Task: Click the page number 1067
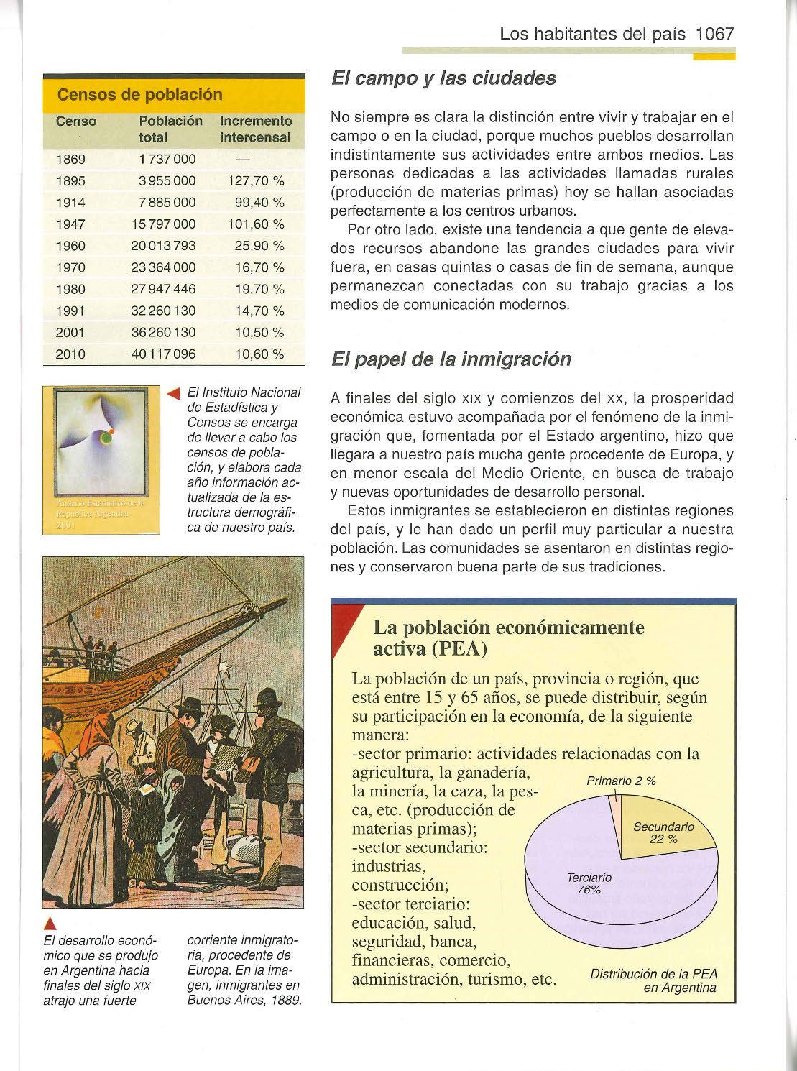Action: coord(714,34)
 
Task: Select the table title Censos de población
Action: coord(139,95)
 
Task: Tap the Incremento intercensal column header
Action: coord(255,129)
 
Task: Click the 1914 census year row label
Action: coord(70,203)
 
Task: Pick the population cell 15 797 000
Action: coord(163,224)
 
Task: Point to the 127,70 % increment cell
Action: coord(256,181)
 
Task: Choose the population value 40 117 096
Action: coord(163,354)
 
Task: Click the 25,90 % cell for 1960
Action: coord(259,246)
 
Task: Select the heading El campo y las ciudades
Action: coord(443,78)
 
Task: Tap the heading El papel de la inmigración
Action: coord(451,359)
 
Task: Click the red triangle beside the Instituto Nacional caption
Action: coord(172,393)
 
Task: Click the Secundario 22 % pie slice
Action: coord(665,834)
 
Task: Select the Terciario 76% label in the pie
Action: coord(589,883)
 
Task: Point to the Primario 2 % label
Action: coord(621,781)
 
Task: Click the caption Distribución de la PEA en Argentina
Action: coord(653,980)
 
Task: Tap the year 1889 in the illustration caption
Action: coord(285,1001)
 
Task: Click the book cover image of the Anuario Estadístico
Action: coord(101,460)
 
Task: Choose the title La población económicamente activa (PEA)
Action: coord(508,638)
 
